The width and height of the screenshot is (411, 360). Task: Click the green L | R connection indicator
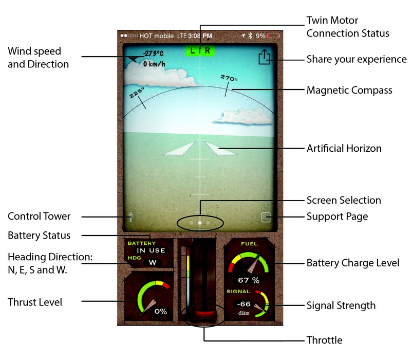(x=200, y=50)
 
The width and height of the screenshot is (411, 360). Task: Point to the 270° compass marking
(x=229, y=79)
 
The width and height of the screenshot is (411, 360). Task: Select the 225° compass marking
(x=136, y=94)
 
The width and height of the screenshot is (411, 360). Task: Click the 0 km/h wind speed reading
(x=154, y=64)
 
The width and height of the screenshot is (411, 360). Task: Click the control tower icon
(x=131, y=218)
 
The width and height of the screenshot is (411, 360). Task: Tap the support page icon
(x=265, y=217)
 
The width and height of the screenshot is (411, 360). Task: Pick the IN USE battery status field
(x=151, y=250)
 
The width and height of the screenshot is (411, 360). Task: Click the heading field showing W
(x=153, y=263)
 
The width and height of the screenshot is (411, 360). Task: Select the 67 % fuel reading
(x=248, y=280)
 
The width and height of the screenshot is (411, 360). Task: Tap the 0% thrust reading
(x=161, y=311)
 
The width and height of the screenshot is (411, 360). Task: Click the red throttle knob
(x=203, y=313)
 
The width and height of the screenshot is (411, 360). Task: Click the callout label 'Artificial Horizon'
(x=344, y=149)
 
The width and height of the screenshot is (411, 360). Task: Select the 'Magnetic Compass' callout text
(x=349, y=91)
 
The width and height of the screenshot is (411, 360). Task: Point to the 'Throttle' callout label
(x=324, y=340)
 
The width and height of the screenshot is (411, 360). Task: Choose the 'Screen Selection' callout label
(x=344, y=200)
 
